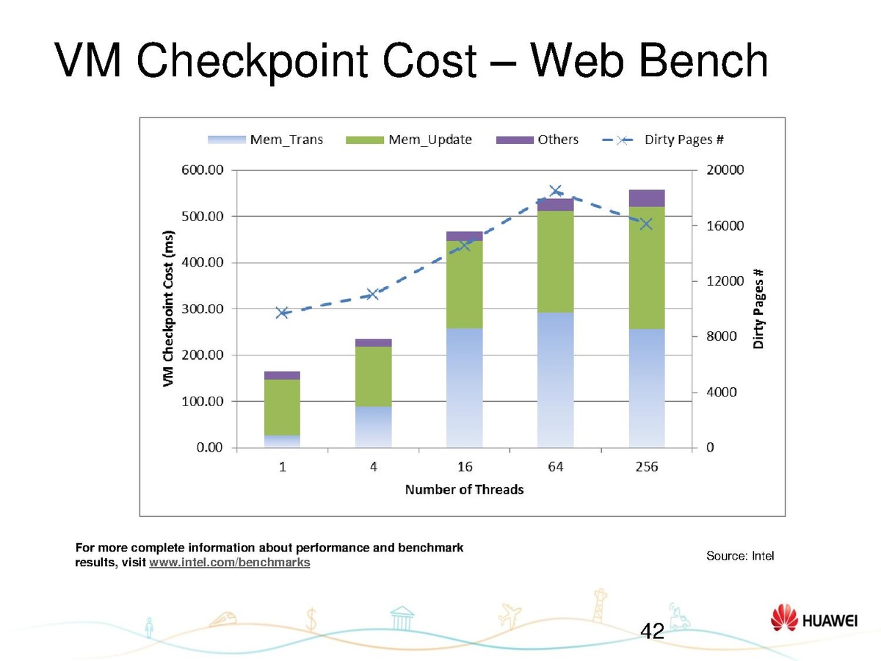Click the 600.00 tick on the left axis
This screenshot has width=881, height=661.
(202, 170)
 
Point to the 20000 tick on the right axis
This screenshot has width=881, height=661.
(725, 170)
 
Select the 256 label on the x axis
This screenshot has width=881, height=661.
(647, 467)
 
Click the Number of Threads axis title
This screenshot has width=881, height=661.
(465, 490)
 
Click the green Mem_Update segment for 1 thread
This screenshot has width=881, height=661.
(283, 407)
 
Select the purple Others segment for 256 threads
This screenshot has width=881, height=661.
(647, 198)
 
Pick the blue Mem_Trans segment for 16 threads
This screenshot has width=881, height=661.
(465, 388)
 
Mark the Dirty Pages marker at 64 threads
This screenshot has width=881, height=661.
(556, 191)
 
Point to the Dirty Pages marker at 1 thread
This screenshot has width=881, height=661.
(283, 313)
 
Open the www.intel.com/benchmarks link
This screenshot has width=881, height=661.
(229, 563)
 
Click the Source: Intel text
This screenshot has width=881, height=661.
(740, 556)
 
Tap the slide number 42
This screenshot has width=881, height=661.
(652, 630)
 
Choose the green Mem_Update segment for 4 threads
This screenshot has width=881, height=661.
(374, 376)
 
